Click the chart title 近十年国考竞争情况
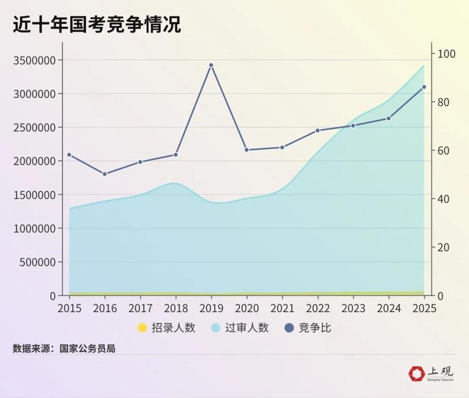[96, 24]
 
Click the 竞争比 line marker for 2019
[211, 65]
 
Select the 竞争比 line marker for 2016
[105, 174]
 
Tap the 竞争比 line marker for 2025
[424, 87]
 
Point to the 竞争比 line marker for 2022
[317, 131]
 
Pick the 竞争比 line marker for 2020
[246, 150]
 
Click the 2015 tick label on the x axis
[69, 308]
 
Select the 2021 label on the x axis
[282, 308]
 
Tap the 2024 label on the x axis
[388, 308]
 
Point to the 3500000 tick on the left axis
[34, 60]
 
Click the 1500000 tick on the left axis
[34, 195]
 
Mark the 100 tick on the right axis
[445, 54]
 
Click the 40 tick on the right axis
[442, 199]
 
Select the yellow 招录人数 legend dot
[143, 328]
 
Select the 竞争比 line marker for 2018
[176, 155]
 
